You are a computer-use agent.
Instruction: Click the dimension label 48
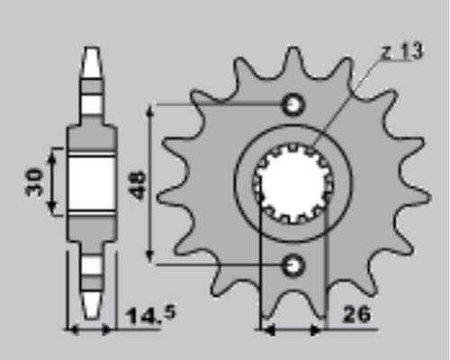tap(139, 185)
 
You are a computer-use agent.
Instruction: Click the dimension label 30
tap(34, 183)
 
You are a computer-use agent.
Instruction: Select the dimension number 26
tap(356, 314)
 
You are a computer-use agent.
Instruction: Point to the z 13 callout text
tap(402, 51)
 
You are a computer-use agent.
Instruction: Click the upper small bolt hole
tap(292, 105)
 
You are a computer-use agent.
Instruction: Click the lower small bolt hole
tap(292, 265)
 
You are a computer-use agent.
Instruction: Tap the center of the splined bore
tap(292, 184)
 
